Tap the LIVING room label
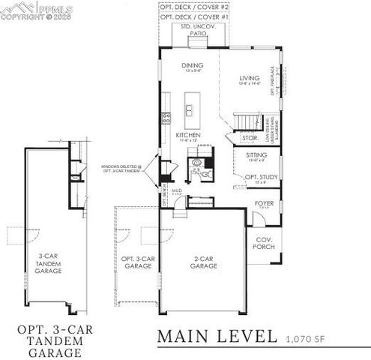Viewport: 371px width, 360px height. (x=248, y=77)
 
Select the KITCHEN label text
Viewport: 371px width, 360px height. (x=187, y=135)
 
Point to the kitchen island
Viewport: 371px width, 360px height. (x=191, y=106)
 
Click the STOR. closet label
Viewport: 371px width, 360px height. (x=229, y=138)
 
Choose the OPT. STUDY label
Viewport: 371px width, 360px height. (x=261, y=178)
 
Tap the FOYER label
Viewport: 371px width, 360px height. (x=264, y=203)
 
